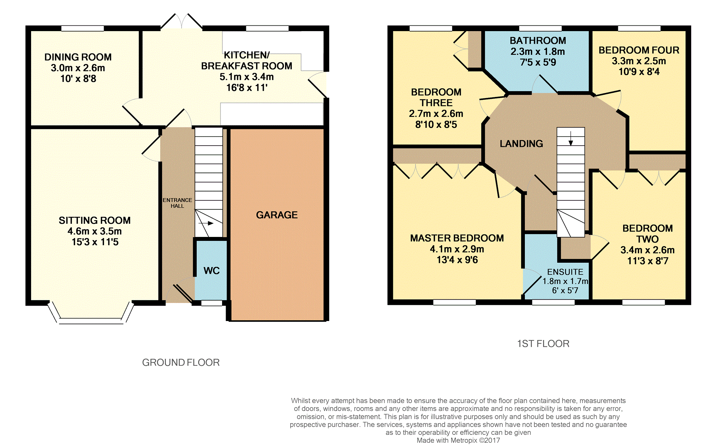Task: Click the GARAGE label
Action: (277, 215)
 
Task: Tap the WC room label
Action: (212, 271)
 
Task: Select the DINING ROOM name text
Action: (78, 57)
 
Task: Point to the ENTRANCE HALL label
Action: (177, 203)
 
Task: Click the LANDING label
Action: (521, 144)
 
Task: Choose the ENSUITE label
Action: (565, 272)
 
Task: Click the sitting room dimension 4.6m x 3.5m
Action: (95, 231)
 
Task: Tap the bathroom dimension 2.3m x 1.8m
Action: (538, 52)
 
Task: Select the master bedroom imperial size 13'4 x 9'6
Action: (457, 260)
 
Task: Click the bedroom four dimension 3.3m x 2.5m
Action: (639, 61)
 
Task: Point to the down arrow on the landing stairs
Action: (571, 139)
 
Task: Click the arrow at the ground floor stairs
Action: (206, 223)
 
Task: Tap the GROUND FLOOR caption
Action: (181, 363)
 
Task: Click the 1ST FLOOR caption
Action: (543, 344)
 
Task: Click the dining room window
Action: (83, 28)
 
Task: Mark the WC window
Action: (212, 303)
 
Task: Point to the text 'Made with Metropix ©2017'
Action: (458, 441)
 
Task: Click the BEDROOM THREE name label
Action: (436, 97)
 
